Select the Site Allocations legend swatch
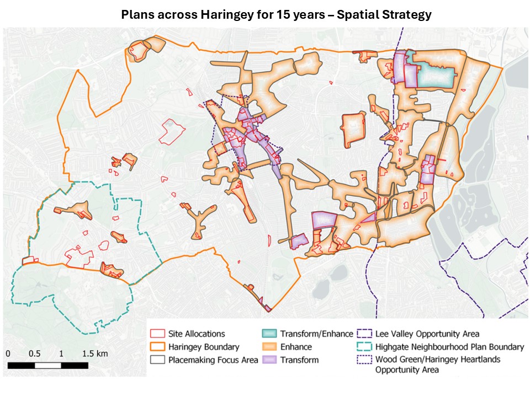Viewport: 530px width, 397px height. pos(158,334)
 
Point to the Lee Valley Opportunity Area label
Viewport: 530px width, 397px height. pos(427,334)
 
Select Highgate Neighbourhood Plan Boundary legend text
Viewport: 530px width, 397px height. pos(449,347)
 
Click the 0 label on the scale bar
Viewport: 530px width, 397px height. pos(9,353)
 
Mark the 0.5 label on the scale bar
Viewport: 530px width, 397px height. pos(34,353)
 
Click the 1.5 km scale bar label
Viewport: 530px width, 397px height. pos(95,353)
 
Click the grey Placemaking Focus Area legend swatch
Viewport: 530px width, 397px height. pos(158,360)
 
